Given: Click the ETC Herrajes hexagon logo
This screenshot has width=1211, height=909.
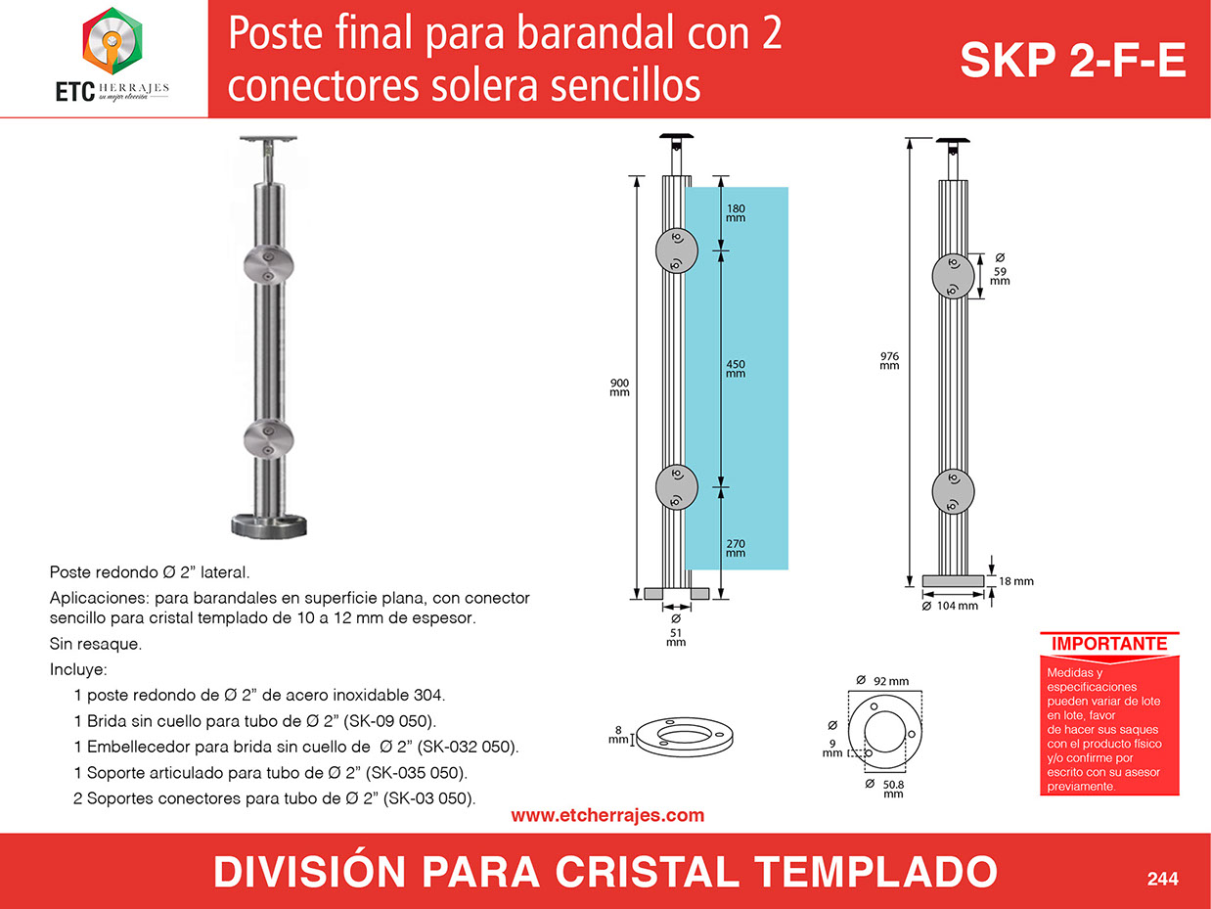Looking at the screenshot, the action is click(112, 41).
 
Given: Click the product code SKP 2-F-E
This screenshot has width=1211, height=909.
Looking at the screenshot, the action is click(1072, 61).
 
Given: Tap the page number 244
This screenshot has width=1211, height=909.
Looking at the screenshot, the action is click(1162, 879).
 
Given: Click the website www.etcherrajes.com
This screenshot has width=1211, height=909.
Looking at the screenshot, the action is click(607, 815).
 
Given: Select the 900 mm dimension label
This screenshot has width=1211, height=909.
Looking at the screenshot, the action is click(619, 387).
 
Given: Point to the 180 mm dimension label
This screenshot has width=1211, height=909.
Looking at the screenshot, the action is click(736, 213).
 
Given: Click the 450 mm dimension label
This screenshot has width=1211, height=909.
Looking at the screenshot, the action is click(736, 369).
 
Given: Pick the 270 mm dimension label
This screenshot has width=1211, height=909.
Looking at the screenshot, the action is click(736, 548).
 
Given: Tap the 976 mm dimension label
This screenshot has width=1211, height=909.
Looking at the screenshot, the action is click(889, 361).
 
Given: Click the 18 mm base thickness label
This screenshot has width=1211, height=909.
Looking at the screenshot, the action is click(1015, 581).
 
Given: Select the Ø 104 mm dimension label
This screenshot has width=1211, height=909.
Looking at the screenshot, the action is click(950, 606).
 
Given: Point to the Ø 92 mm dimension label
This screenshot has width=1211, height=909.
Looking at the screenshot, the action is click(882, 681).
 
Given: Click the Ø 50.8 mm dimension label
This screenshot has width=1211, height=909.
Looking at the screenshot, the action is click(884, 789).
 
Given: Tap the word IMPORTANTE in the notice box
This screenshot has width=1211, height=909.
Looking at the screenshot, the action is click(1109, 644).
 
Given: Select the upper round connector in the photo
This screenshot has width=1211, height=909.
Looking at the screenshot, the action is click(269, 265).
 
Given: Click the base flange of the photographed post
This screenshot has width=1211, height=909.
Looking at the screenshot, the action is click(269, 526).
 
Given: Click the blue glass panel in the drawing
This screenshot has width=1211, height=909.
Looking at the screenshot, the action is click(737, 379).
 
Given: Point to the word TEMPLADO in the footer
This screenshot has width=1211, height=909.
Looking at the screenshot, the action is click(875, 873).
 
